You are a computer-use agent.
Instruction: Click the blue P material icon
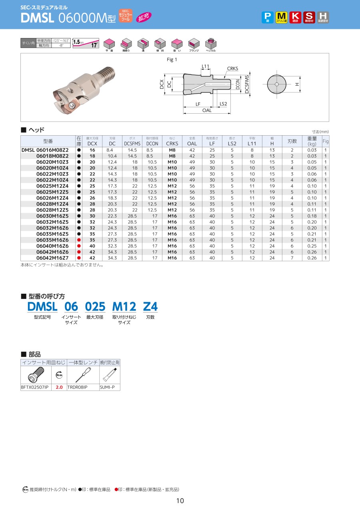[x=267, y=17]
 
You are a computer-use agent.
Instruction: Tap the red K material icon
[x=295, y=17]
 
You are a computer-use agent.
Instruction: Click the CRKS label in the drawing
[x=232, y=68]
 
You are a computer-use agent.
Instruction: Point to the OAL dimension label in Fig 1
[x=207, y=110]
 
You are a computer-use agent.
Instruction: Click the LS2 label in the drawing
[x=223, y=104]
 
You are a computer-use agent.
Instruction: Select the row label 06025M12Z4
[x=52, y=186]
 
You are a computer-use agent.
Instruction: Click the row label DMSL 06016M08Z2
[x=45, y=150]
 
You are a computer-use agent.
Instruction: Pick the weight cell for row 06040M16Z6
[x=312, y=246]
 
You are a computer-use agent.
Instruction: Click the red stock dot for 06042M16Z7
[x=79, y=258]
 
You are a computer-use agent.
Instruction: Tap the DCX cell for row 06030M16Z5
[x=92, y=216]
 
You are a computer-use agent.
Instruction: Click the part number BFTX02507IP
[x=34, y=387]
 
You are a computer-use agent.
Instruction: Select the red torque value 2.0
[x=59, y=387]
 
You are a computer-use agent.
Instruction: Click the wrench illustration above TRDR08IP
[x=83, y=375]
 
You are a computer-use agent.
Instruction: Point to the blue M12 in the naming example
[x=124, y=307]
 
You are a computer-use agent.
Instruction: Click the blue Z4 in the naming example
[x=150, y=307]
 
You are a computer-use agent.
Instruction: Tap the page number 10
[x=180, y=501]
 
